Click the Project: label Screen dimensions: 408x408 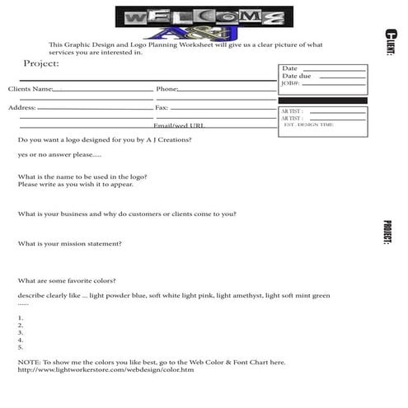pyautogui.click(x=41, y=63)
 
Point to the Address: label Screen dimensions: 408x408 pyautogui.click(x=22, y=107)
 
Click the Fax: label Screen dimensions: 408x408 pyautogui.click(x=162, y=107)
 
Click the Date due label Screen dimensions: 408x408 pyautogui.click(x=296, y=76)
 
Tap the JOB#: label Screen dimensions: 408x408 pyautogui.click(x=290, y=83)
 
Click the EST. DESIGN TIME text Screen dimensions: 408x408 pyautogui.click(x=308, y=124)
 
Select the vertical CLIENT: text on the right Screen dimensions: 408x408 pyautogui.click(x=388, y=42)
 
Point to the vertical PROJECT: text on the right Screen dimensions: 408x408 pyautogui.click(x=387, y=232)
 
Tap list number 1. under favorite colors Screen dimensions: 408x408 pyautogui.click(x=20, y=317)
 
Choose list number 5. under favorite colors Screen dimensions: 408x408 pyautogui.click(x=20, y=347)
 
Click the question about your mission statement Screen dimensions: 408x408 pyautogui.click(x=69, y=244)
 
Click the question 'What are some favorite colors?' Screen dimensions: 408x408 pyautogui.click(x=67, y=281)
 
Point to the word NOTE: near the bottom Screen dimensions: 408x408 pyautogui.click(x=28, y=362)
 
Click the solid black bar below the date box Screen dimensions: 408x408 pyautogui.click(x=322, y=101)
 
